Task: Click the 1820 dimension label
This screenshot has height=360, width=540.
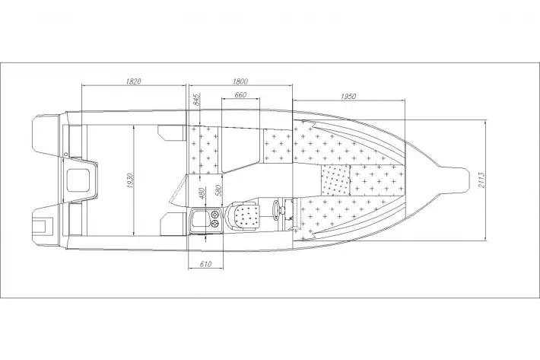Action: (x=134, y=81)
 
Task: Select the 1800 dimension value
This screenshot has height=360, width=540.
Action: (x=240, y=81)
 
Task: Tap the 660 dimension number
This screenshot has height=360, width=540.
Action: (x=240, y=94)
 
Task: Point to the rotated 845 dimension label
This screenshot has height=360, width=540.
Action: (x=197, y=100)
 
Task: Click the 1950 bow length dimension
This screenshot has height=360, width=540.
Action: (x=348, y=97)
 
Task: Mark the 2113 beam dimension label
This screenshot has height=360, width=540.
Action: (x=481, y=180)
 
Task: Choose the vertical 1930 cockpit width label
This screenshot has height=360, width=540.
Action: (x=130, y=180)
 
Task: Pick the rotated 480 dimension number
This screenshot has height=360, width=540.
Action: (x=202, y=193)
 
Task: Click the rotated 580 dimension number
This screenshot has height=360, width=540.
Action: (x=218, y=190)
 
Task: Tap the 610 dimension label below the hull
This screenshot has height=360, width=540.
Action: (x=205, y=264)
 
